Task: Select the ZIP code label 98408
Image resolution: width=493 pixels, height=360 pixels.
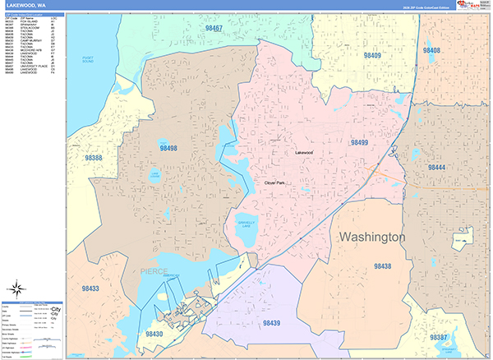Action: (x=431, y=50)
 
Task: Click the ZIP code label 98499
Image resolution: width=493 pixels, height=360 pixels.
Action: (x=359, y=143)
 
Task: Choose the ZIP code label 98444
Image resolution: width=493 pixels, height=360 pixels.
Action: (x=435, y=167)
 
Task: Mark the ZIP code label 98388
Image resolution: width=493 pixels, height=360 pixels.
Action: (x=93, y=158)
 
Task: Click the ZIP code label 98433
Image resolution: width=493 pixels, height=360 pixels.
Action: (x=90, y=288)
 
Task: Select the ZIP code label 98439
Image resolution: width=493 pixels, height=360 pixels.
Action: (x=273, y=323)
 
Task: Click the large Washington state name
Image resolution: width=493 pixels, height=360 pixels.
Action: (x=372, y=237)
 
